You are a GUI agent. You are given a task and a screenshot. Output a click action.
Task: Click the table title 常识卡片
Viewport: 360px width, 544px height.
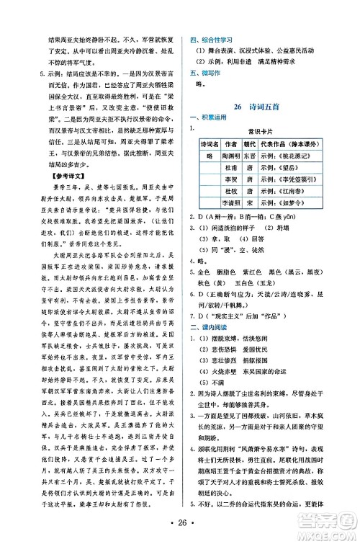pos(269,132)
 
